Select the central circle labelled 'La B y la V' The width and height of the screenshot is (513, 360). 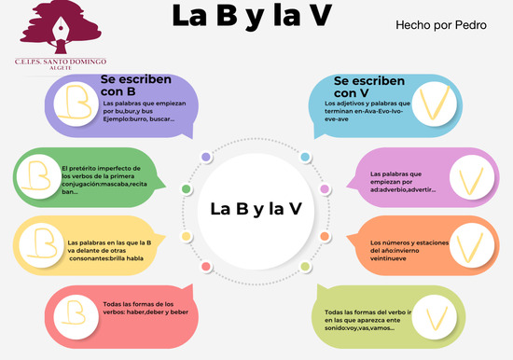pos(255,207)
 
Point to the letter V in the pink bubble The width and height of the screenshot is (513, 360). pos(465,178)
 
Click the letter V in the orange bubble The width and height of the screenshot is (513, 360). pos(466,246)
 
